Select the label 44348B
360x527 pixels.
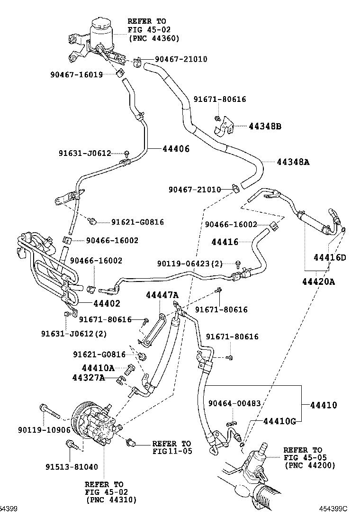click(x=265, y=126)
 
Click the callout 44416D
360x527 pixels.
click(x=330, y=258)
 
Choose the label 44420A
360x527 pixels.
click(x=318, y=282)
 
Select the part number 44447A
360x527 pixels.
click(x=162, y=295)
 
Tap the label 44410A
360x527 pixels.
click(x=98, y=368)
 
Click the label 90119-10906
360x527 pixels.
click(x=44, y=430)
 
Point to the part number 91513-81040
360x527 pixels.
click(x=72, y=467)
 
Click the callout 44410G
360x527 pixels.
click(x=279, y=421)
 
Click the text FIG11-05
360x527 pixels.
click(x=172, y=451)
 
